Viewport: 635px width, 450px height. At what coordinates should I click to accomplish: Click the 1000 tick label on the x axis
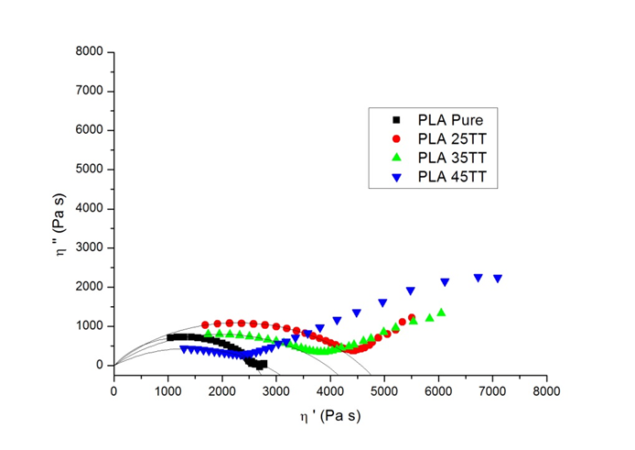click(167, 390)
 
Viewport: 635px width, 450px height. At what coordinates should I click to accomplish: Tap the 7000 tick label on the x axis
click(492, 390)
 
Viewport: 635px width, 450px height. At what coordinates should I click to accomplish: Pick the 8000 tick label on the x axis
click(546, 390)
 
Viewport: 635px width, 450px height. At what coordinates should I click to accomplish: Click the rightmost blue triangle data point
click(498, 279)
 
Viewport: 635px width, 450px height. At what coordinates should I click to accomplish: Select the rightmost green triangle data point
click(441, 313)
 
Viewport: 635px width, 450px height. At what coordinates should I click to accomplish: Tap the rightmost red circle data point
click(412, 318)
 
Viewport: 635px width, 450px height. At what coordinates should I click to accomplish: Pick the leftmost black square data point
click(170, 337)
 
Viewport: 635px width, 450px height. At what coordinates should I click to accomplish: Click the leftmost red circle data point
click(205, 324)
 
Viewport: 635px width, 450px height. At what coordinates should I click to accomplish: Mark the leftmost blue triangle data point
click(184, 349)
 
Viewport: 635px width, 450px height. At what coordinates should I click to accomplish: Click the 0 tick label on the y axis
click(101, 365)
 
